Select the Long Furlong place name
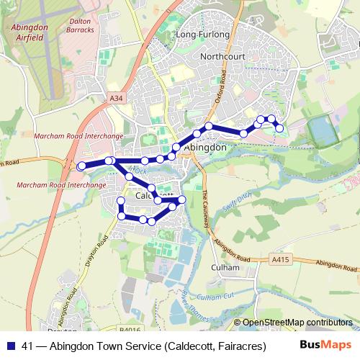coord(202,35)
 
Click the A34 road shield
coord(117,97)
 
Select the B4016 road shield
coord(131,329)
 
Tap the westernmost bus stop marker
coord(81,166)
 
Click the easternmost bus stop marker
coord(279,129)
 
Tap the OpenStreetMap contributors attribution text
coord(297,323)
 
